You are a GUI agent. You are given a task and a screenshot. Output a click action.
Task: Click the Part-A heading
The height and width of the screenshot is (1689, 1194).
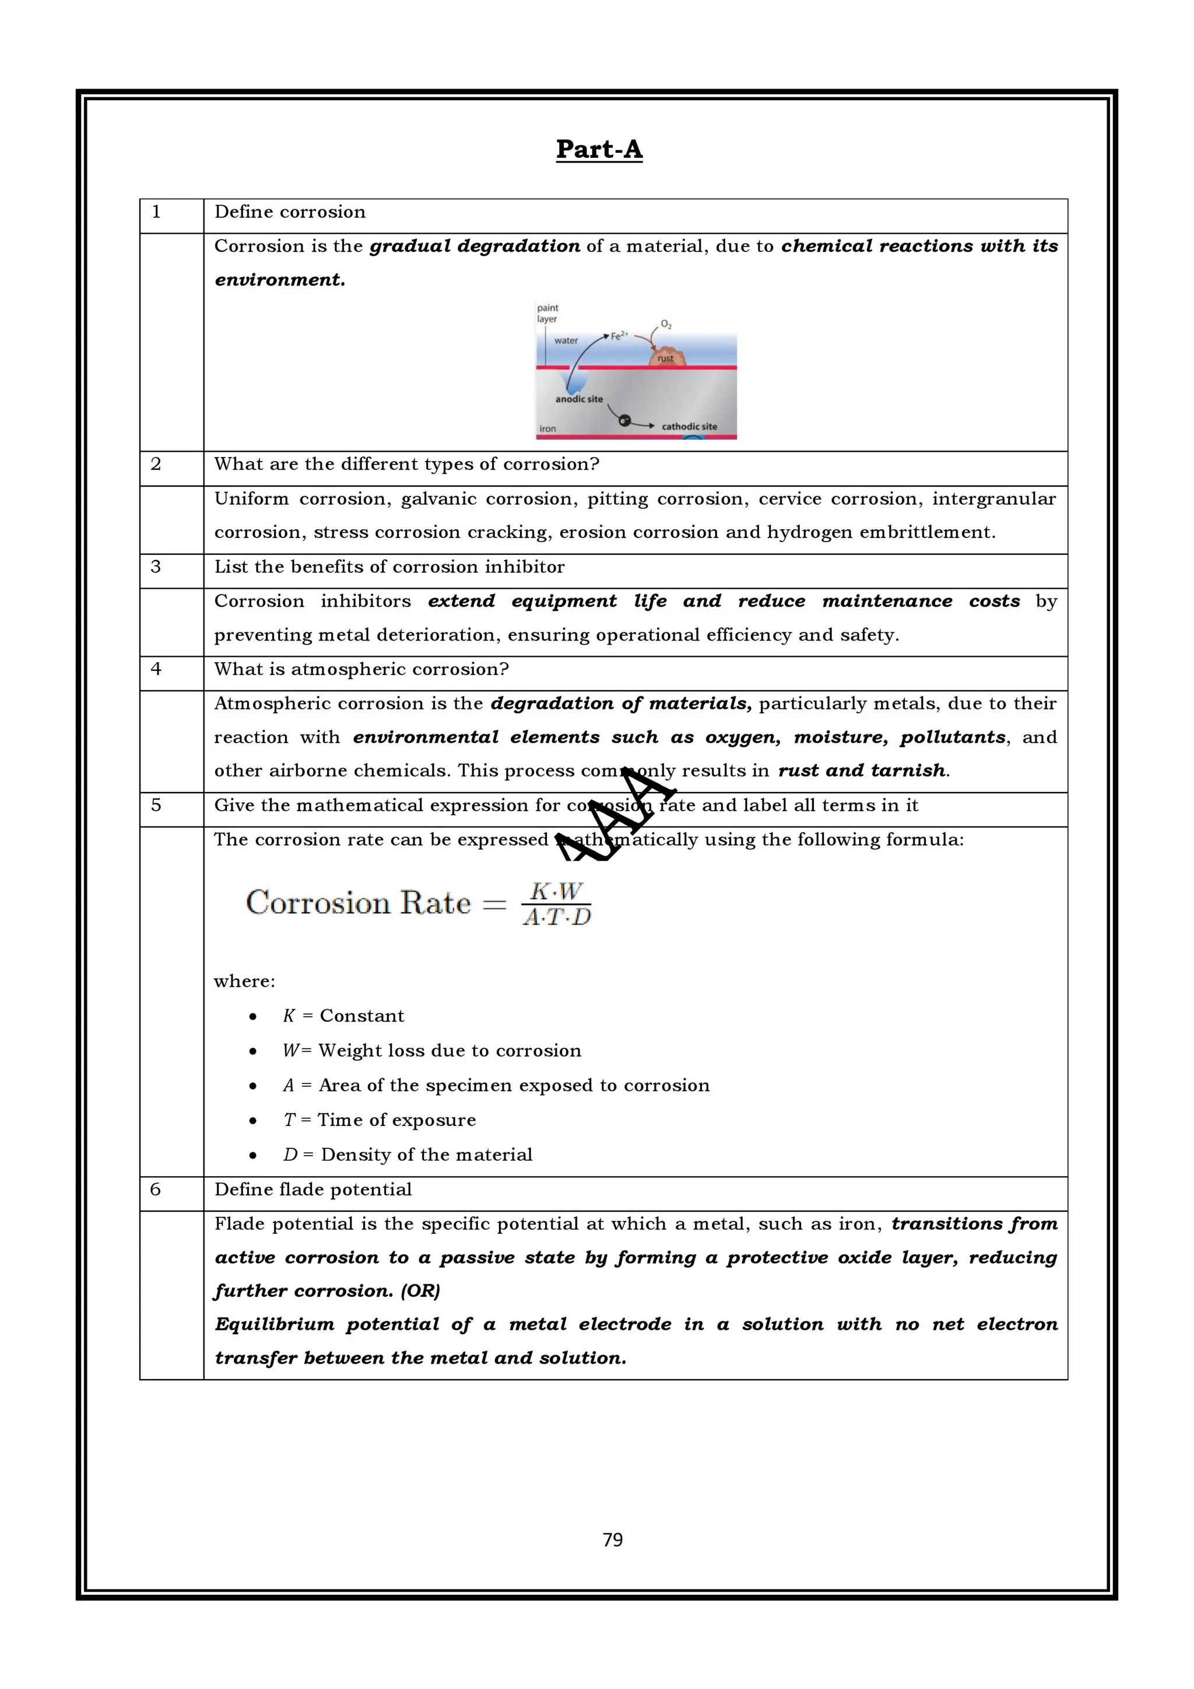pyautogui.click(x=599, y=149)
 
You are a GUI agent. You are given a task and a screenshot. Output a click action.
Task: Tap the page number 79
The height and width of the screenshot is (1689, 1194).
pyautogui.click(x=612, y=1540)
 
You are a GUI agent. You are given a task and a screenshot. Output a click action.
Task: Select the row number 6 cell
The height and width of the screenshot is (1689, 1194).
pyautogui.click(x=155, y=1190)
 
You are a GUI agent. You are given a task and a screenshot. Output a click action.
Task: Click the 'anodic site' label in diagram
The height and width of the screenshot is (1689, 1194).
pyautogui.click(x=578, y=399)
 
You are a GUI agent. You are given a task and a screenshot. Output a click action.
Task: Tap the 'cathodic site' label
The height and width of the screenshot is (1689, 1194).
pyautogui.click(x=689, y=426)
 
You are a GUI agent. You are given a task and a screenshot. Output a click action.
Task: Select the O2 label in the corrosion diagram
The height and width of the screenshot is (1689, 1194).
pyautogui.click(x=666, y=323)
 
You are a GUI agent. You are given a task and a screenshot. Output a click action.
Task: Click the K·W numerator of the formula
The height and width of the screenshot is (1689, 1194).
pyautogui.click(x=556, y=891)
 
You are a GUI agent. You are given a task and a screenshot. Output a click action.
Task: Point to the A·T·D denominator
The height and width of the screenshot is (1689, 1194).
pyautogui.click(x=557, y=917)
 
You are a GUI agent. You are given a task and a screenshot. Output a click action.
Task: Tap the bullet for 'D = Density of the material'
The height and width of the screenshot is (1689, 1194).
pyautogui.click(x=253, y=1156)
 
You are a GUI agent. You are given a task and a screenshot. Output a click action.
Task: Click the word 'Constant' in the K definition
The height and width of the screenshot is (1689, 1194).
pyautogui.click(x=361, y=1016)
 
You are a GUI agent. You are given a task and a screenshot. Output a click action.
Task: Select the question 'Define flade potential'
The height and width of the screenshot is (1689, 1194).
pyautogui.click(x=312, y=1190)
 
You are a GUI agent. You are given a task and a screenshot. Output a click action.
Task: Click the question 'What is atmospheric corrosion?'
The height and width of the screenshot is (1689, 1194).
pyautogui.click(x=361, y=670)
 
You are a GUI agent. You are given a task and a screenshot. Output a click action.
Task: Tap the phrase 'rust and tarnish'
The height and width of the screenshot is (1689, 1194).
pyautogui.click(x=862, y=770)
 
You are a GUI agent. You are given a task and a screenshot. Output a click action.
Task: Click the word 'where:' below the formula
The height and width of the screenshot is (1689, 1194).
pyautogui.click(x=244, y=981)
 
